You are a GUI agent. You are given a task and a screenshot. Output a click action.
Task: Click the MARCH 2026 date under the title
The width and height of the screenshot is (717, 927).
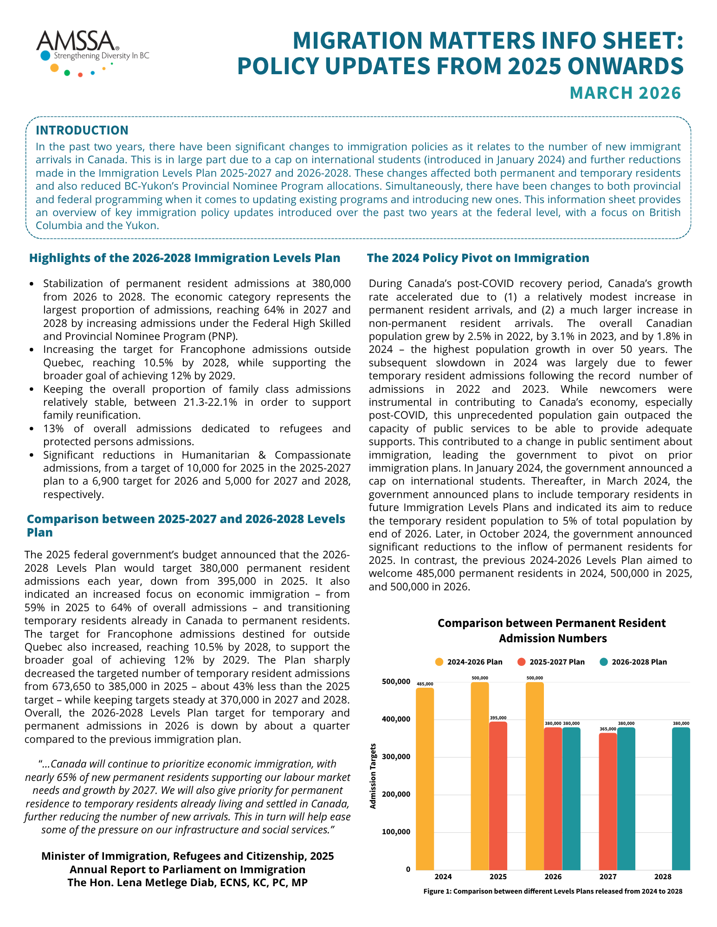pos(625,93)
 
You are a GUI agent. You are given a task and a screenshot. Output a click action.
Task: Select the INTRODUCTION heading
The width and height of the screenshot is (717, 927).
pos(82,130)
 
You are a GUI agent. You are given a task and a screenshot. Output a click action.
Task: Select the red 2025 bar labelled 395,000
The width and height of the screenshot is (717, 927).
pos(498,795)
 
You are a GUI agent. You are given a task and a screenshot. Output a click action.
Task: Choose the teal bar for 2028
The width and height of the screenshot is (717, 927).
pos(681,798)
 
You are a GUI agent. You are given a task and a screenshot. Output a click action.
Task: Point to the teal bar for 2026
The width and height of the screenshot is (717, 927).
pos(571,798)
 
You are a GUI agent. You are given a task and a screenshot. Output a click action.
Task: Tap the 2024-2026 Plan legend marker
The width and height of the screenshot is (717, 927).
pos(439,662)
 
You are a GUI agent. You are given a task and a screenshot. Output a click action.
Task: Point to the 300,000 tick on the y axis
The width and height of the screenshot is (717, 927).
pos(396,756)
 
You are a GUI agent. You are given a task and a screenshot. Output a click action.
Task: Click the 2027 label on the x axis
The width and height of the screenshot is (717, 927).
pos(607,876)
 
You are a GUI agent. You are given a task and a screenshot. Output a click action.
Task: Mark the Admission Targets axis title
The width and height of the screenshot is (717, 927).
pos(373,776)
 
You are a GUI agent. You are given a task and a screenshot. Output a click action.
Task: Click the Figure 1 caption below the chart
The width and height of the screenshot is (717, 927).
pos(552,891)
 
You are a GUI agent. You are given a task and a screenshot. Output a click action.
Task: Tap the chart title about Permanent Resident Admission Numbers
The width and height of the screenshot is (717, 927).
pos(552,631)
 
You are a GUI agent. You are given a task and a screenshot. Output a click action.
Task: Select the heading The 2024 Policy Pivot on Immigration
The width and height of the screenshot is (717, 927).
pos(478,258)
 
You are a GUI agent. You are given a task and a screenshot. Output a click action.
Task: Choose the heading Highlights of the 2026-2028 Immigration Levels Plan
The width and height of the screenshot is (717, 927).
pos(185,258)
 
